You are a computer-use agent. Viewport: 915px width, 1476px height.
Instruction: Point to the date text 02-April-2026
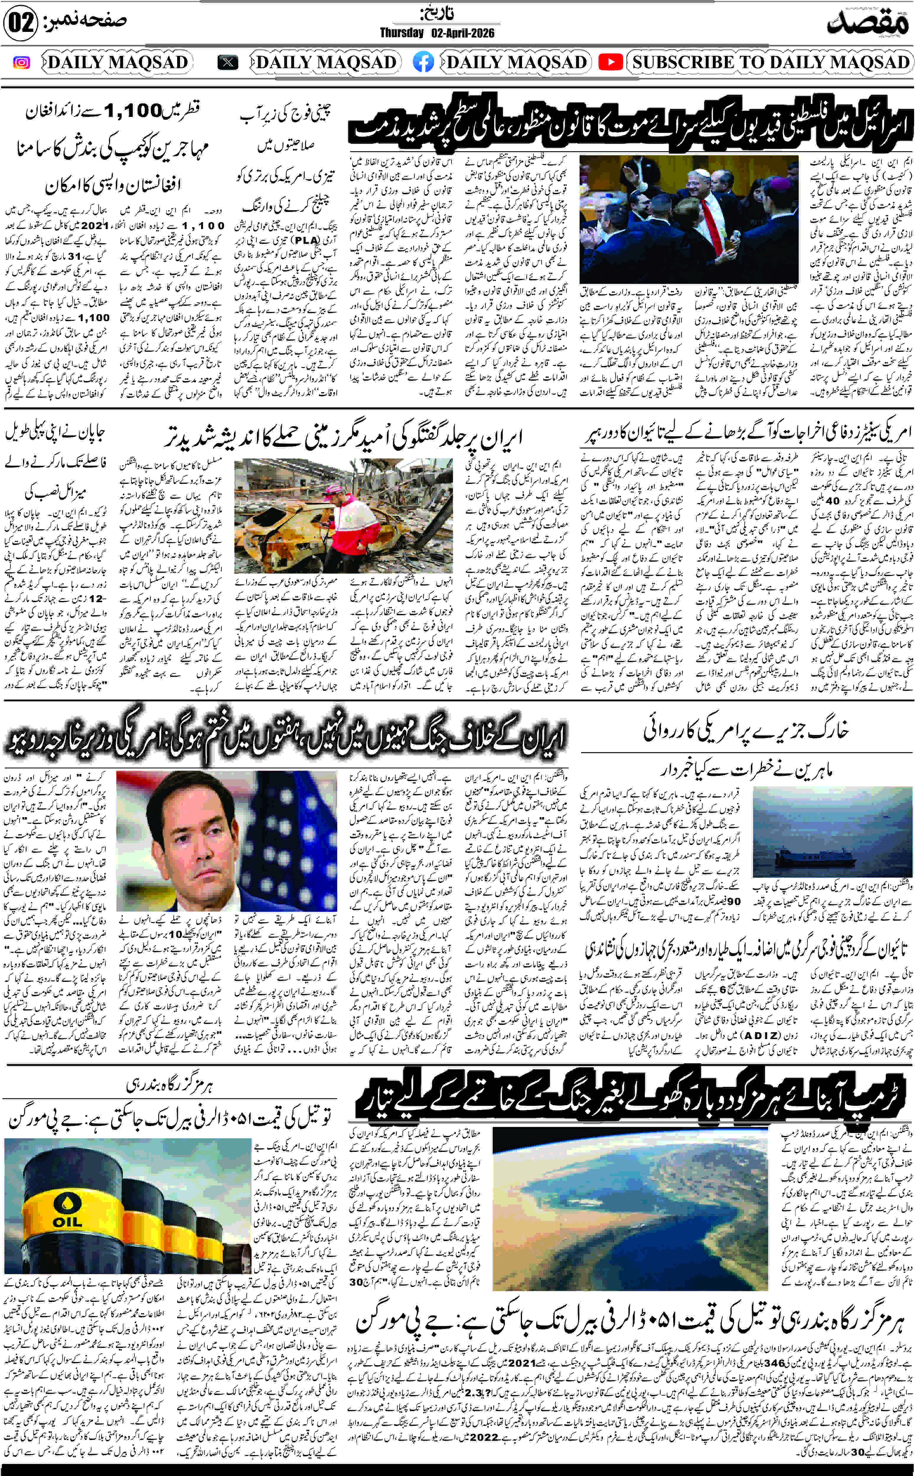pos(463,33)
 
